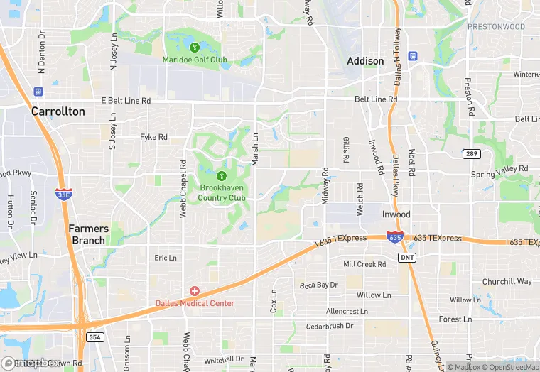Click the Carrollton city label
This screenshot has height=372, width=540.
click(x=58, y=111)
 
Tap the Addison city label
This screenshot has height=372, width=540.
click(x=365, y=61)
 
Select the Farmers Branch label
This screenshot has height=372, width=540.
click(x=88, y=234)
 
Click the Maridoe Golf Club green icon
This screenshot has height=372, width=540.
click(x=194, y=48)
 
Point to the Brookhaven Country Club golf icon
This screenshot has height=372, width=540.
click(x=222, y=175)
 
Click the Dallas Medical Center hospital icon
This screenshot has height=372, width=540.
click(x=194, y=291)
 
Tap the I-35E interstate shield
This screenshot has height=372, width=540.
click(x=63, y=193)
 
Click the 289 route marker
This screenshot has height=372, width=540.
click(x=472, y=153)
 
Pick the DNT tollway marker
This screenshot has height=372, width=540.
click(x=406, y=256)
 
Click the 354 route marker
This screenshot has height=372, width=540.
click(x=94, y=337)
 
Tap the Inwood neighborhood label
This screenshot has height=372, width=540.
click(x=396, y=214)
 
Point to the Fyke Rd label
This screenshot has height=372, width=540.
click(x=153, y=137)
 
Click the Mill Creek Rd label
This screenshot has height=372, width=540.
click(x=364, y=264)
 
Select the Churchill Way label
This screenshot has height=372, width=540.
click(x=507, y=281)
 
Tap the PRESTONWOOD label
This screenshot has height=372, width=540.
click(x=496, y=27)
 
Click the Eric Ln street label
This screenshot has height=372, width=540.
click(x=166, y=258)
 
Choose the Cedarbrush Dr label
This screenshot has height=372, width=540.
click(x=330, y=326)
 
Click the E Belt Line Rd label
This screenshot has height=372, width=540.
click(x=126, y=101)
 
